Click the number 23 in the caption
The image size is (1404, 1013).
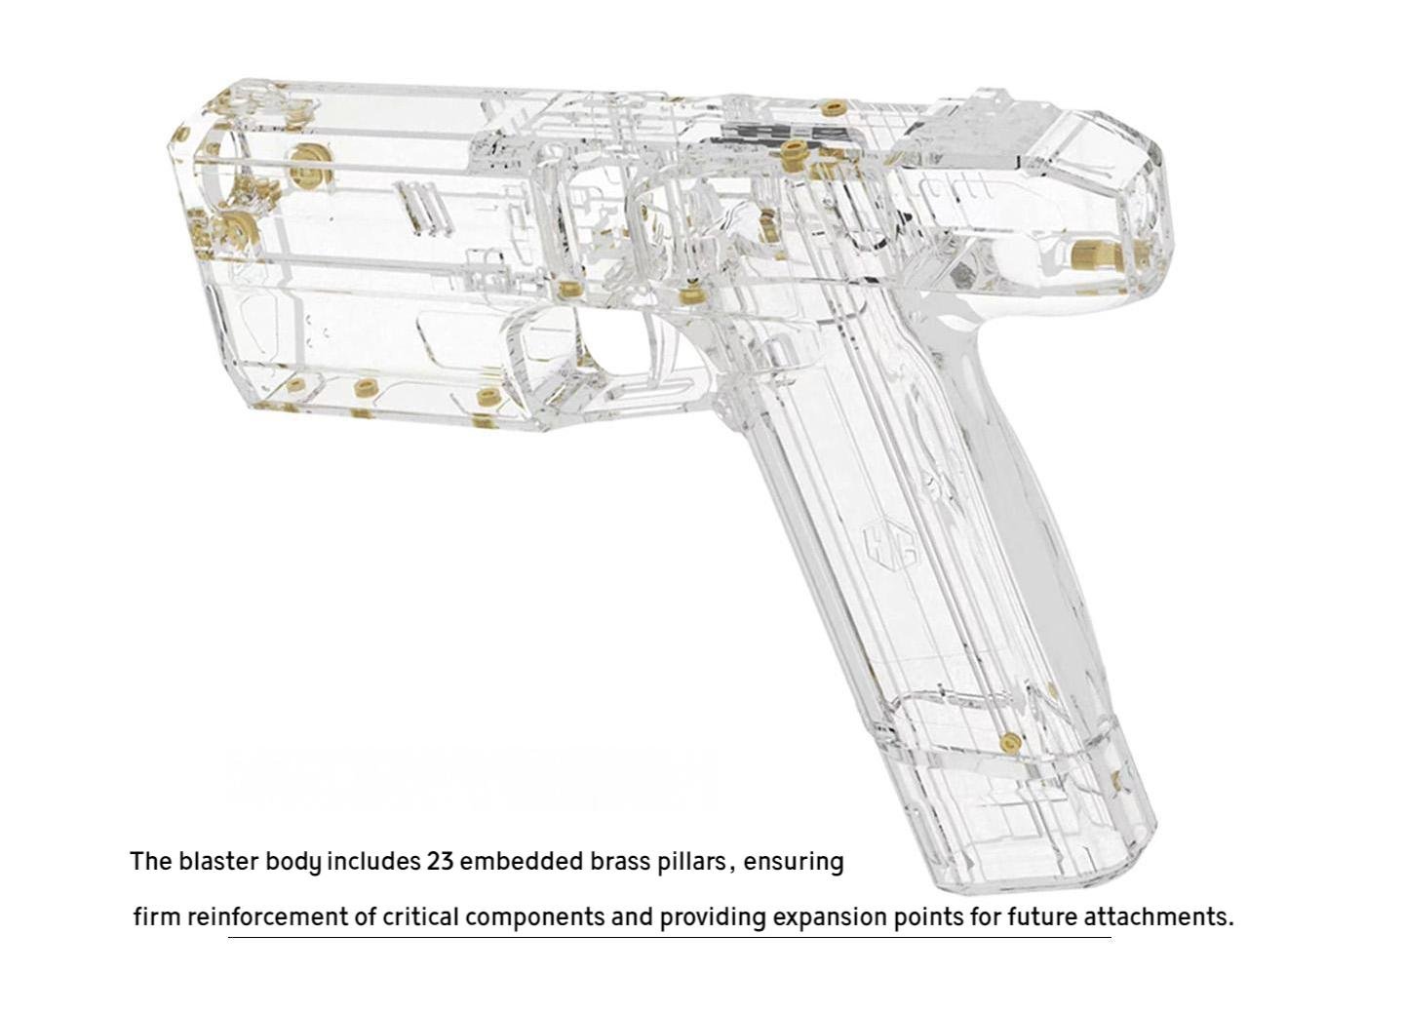pyautogui.click(x=440, y=862)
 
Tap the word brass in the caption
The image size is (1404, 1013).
pyautogui.click(x=618, y=862)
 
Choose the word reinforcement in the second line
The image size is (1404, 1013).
pyautogui.click(x=267, y=917)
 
